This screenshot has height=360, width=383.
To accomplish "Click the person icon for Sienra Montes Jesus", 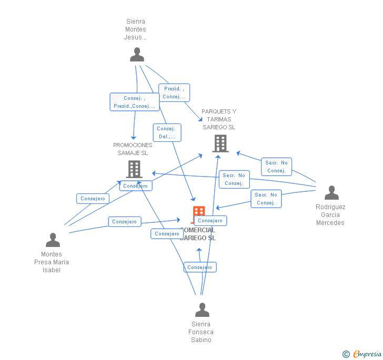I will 137,55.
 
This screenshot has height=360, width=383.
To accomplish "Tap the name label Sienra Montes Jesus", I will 135,29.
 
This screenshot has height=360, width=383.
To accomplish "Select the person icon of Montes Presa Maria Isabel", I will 53,240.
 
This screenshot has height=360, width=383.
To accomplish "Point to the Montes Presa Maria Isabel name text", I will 52,262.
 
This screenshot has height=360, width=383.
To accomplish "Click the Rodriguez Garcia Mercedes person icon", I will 331,193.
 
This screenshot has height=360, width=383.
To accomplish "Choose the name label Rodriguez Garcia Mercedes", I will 330,214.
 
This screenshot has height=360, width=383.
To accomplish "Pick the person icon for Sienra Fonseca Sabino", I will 202,310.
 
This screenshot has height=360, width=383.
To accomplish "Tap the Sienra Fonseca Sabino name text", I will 201,332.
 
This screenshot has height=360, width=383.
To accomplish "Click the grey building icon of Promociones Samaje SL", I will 134,169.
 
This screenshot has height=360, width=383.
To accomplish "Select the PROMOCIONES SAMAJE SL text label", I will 133,149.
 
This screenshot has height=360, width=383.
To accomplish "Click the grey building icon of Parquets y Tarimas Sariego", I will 220,143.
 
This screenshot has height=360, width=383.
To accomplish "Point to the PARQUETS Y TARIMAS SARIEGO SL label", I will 219,119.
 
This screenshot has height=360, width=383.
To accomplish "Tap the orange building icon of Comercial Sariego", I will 198,212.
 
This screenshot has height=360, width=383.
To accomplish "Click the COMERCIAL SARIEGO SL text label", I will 198,234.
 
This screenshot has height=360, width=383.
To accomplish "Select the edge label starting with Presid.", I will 174,92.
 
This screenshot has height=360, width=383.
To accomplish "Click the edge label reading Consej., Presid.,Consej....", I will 134,102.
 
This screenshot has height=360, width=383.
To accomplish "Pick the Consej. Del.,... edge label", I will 167,132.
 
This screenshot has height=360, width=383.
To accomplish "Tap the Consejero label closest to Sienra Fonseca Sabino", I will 199,268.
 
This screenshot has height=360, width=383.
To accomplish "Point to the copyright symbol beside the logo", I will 346,354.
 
